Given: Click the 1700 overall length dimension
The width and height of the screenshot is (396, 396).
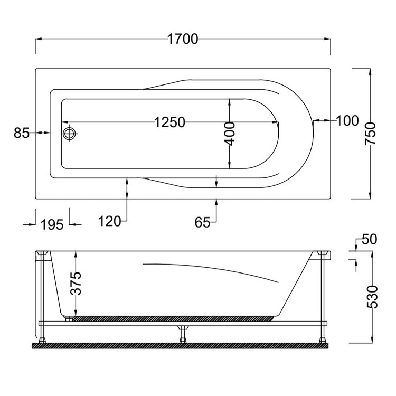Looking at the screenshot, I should tap(183, 39).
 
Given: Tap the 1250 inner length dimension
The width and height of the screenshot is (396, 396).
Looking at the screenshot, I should tap(169, 123).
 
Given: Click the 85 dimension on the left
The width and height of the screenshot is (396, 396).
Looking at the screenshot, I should tap(21, 133).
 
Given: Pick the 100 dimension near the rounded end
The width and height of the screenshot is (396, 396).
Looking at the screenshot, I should tap(347, 120).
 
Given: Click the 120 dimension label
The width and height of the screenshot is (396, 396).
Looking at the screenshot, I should tap(110, 221).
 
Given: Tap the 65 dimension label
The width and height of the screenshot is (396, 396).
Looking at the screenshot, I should tap(202, 222).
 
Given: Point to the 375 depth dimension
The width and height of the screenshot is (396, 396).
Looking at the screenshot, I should tap(76, 283).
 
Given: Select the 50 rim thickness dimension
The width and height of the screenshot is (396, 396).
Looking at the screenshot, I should tap(369, 239).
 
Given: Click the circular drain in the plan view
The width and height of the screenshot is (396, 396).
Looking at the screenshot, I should tap(69, 133).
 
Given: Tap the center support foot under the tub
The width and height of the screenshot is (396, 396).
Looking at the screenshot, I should tap(183, 334).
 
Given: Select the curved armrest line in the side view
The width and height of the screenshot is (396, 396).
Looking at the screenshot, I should tap(211, 269).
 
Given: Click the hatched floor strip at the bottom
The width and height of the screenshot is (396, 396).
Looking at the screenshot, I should tap(180, 345).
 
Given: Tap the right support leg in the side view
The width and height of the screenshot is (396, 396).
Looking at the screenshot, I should tap(321, 296).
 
